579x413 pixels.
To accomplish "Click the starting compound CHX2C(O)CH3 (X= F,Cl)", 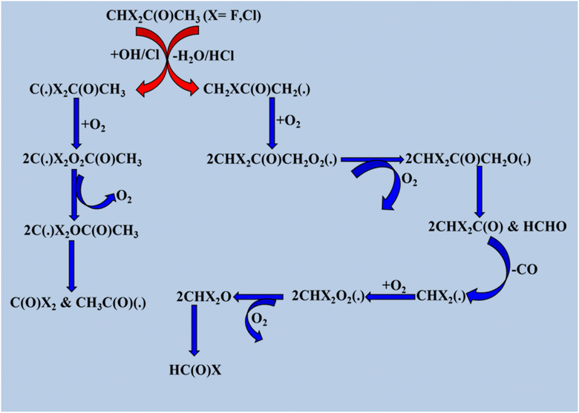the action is pyautogui.click(x=183, y=16).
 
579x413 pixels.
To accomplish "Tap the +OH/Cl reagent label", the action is pyautogui.click(x=135, y=55).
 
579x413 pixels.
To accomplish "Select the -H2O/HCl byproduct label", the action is pyautogui.click(x=203, y=56).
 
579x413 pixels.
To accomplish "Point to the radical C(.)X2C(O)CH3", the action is pyautogui.click(x=77, y=90).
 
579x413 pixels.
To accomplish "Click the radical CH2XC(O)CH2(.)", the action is pyautogui.click(x=257, y=90).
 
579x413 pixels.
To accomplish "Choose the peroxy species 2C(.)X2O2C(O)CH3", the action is pyautogui.click(x=82, y=160).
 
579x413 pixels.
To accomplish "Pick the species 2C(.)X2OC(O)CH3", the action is pyautogui.click(x=81, y=231).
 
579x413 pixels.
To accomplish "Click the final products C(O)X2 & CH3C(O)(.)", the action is pyautogui.click(x=78, y=303).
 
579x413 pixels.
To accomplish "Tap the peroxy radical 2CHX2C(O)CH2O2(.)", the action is pyautogui.click(x=272, y=159).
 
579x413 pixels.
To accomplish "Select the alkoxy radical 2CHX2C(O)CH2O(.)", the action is pyautogui.click(x=468, y=159).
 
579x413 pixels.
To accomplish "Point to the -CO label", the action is pyautogui.click(x=524, y=270).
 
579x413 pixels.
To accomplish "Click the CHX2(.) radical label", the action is pyautogui.click(x=441, y=297).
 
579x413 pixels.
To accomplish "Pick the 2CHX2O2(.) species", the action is pyautogui.click(x=328, y=296).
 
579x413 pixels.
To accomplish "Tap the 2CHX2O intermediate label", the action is pyautogui.click(x=204, y=297).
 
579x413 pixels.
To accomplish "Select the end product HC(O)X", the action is pyautogui.click(x=195, y=370).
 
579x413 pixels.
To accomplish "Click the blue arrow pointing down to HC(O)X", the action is pyautogui.click(x=194, y=331).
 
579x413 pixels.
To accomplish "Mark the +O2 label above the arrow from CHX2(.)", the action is pyautogui.click(x=394, y=286).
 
